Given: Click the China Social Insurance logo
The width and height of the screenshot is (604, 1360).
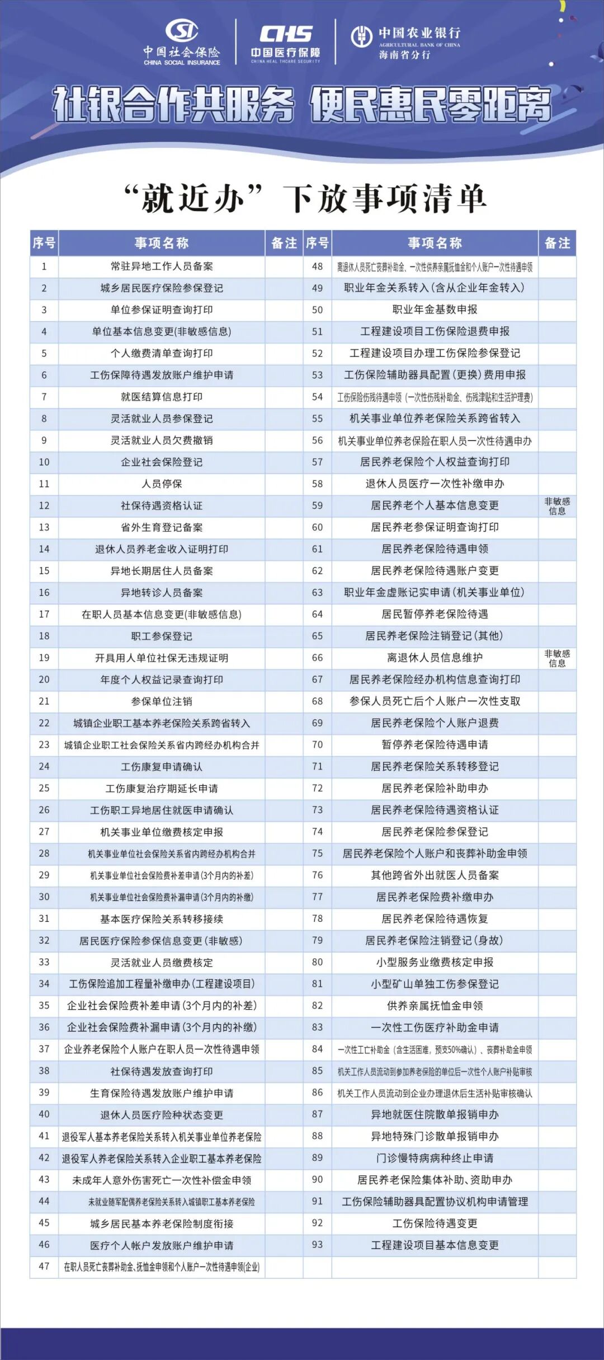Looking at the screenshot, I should [x=182, y=43].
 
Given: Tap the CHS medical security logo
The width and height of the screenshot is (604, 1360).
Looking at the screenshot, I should [x=285, y=43].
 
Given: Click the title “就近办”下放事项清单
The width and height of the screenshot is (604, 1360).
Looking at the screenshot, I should [x=305, y=199].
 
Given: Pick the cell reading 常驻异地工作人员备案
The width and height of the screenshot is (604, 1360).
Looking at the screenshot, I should [x=162, y=266].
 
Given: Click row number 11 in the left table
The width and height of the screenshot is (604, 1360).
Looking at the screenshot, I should [x=44, y=484].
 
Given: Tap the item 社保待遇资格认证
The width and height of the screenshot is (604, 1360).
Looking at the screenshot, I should [x=162, y=505].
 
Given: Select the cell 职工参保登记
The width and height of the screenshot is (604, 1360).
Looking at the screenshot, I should [x=162, y=636].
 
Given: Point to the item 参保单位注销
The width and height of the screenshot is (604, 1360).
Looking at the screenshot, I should [x=162, y=701].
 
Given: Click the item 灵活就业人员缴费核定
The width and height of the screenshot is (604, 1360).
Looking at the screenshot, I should [x=162, y=962].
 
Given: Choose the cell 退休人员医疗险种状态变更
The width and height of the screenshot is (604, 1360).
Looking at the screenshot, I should [x=162, y=1114].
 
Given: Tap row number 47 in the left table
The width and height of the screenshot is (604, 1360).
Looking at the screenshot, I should [x=44, y=1266].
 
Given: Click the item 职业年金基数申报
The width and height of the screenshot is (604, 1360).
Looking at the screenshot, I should [x=435, y=309].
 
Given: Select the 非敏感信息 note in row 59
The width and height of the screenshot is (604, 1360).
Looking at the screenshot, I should [x=557, y=505].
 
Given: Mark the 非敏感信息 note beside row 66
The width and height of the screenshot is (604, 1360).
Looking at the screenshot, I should [x=557, y=658].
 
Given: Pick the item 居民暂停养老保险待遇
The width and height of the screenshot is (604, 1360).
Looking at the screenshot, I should [x=435, y=614].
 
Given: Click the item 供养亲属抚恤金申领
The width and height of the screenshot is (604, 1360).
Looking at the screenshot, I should [x=435, y=1005].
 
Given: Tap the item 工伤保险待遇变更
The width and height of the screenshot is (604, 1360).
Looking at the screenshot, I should [x=435, y=1223].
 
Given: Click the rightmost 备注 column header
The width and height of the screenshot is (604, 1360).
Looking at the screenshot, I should [x=557, y=243].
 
